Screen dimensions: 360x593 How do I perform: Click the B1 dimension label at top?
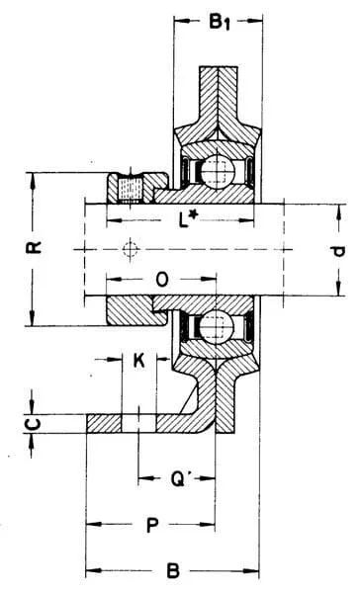pyautogui.click(x=220, y=23)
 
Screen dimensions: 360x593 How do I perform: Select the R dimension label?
pyautogui.click(x=34, y=248)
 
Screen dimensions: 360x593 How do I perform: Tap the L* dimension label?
pyautogui.click(x=188, y=219)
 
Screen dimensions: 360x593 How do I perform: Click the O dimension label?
pyautogui.click(x=162, y=280)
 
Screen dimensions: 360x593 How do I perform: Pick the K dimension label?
pyautogui.click(x=139, y=360)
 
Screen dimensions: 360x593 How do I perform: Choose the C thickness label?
pyautogui.click(x=34, y=424)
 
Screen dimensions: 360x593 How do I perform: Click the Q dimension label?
pyautogui.click(x=178, y=479)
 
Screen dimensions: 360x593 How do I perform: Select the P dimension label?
pyautogui.click(x=151, y=525)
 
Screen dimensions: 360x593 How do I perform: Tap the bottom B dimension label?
pyautogui.click(x=173, y=570)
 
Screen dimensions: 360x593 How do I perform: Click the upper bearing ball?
pyautogui.click(x=218, y=171)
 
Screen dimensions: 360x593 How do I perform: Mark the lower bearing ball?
pyautogui.click(x=217, y=325)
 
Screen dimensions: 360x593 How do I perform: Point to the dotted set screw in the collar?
pyautogui.click(x=131, y=190)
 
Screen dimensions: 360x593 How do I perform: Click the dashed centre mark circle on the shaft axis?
pyautogui.click(x=131, y=249)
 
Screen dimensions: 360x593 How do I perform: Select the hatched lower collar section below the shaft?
pyautogui.click(x=137, y=311)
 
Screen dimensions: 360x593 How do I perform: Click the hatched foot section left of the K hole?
pyautogui.click(x=104, y=424)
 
